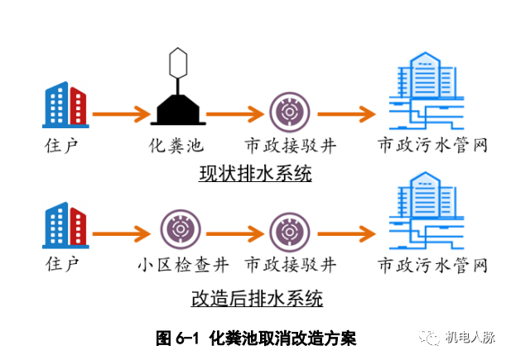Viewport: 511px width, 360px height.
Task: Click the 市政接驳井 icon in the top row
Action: [290, 110]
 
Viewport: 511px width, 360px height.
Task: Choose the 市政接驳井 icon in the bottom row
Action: [290, 228]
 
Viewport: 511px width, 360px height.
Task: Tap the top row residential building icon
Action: [64, 104]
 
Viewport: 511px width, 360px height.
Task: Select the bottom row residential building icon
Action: [64, 223]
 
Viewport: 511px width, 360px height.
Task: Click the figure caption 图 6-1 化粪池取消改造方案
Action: [255, 338]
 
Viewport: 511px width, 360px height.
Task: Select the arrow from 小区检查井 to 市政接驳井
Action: [234, 228]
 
